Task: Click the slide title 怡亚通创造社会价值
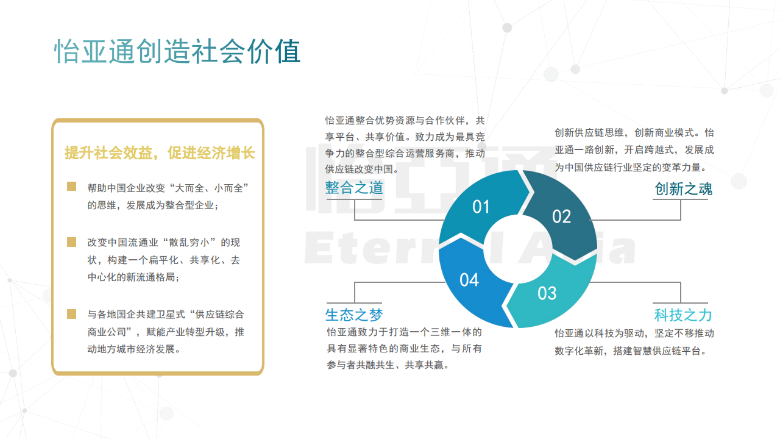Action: (177, 52)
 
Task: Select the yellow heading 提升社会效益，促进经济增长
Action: (160, 152)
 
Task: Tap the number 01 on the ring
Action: (481, 207)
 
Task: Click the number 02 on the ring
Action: (561, 216)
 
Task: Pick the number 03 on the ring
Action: (547, 293)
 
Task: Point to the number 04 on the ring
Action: (469, 280)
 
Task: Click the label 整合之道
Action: (354, 188)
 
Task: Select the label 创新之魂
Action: (683, 189)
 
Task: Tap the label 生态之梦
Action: (354, 315)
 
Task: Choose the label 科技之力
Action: (683, 315)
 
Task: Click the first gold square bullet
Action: (71, 187)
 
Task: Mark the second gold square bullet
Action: (71, 242)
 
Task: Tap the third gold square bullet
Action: (71, 314)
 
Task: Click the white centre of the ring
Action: (518, 249)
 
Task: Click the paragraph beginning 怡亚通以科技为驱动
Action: (634, 342)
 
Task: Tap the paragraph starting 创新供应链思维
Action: (634, 150)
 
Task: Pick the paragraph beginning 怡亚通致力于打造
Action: (404, 348)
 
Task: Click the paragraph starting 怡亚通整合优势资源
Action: (405, 145)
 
